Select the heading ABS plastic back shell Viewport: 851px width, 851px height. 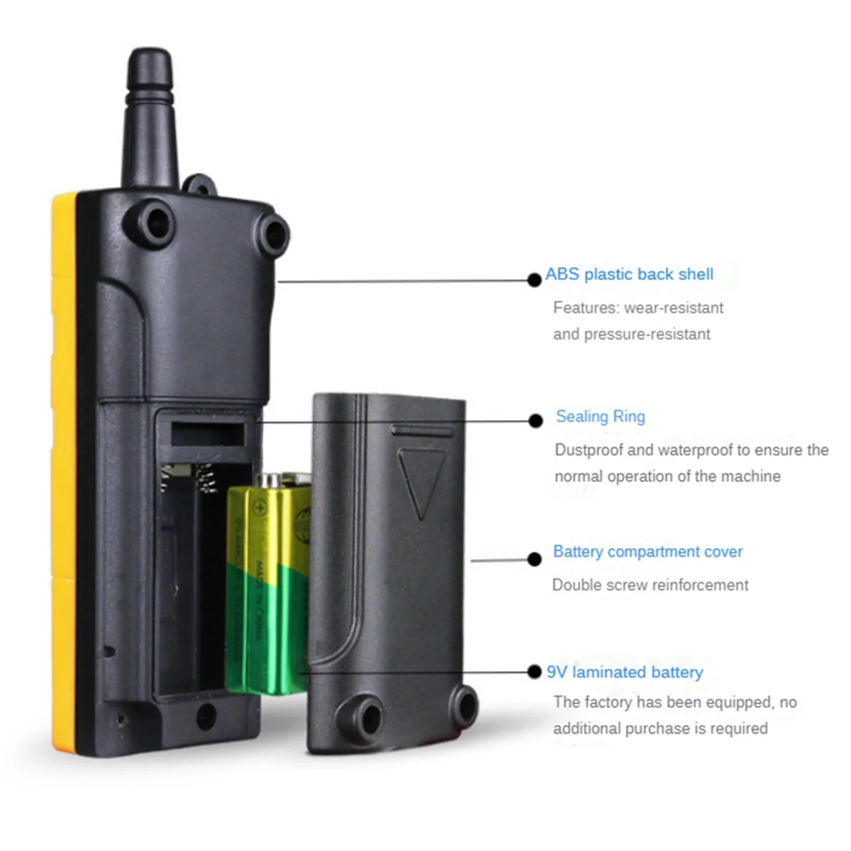click(x=629, y=274)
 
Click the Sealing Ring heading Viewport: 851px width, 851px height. click(x=600, y=417)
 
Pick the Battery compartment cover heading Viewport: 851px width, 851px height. click(x=647, y=552)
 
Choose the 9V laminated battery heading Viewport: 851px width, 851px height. click(x=625, y=672)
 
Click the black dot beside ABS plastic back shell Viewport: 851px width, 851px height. click(x=535, y=280)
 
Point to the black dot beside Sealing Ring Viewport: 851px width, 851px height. click(x=535, y=421)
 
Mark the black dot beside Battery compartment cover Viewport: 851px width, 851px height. click(x=535, y=560)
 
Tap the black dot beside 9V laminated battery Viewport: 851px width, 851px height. click(x=535, y=672)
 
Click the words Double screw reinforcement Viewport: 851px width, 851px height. click(x=650, y=585)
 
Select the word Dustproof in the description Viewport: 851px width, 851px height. click(x=589, y=450)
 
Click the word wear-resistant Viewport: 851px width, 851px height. click(x=674, y=308)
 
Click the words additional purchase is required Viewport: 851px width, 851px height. click(x=660, y=728)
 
